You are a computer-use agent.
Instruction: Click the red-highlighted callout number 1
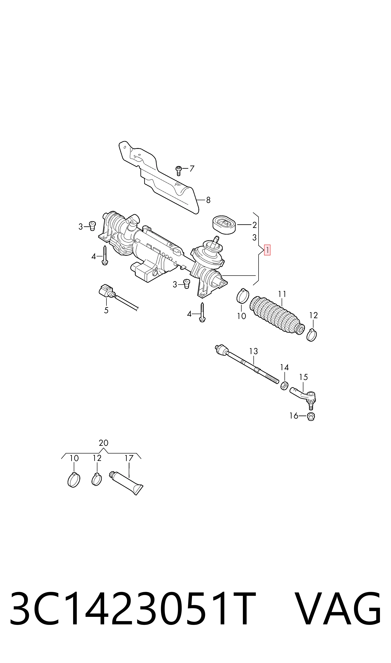[267, 250]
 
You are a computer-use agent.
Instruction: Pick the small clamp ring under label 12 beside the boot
[312, 335]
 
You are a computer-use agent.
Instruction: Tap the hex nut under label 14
[284, 386]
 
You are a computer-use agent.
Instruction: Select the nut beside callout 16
[311, 416]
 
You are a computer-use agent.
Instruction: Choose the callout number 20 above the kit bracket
[104, 443]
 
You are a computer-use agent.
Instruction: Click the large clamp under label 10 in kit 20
[74, 480]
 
